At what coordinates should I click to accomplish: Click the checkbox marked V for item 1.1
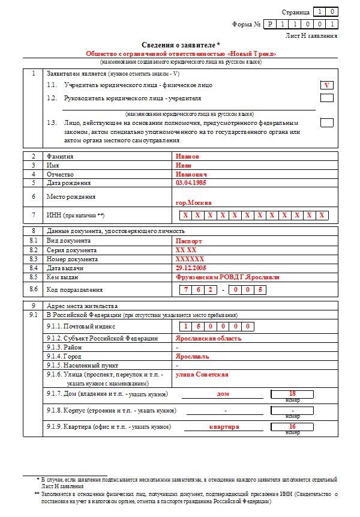point(326,85)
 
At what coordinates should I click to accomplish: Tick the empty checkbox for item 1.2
point(326,98)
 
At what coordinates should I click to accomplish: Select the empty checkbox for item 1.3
point(326,122)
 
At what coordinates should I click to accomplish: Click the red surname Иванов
point(187,156)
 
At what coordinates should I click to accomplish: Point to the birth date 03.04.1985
point(191,183)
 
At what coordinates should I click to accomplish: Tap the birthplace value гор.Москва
point(193,203)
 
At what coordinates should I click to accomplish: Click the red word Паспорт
point(189,241)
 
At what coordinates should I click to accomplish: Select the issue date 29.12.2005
point(191,268)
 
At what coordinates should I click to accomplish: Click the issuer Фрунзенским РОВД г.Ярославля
point(227,277)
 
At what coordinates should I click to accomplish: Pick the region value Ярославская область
point(208,338)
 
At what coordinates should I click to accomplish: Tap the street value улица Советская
point(202,375)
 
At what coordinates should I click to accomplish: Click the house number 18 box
point(293,394)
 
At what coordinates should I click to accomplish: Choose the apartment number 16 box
point(293,426)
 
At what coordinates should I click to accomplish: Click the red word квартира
point(224,427)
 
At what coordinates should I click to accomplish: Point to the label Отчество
point(61,174)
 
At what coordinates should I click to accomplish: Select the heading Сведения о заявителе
point(181,45)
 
